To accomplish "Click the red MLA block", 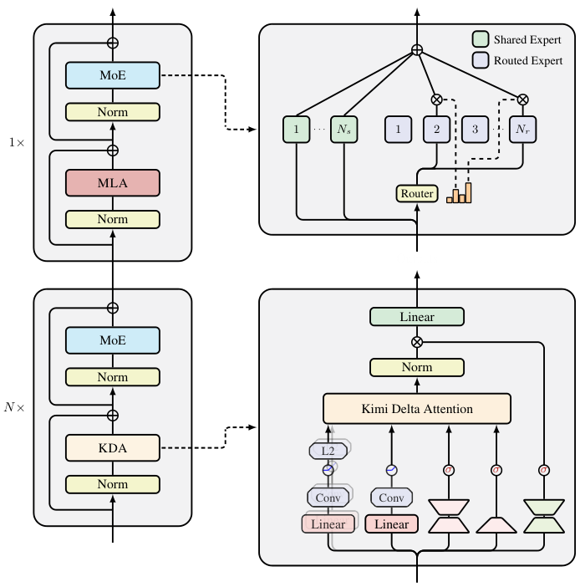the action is pos(113,182).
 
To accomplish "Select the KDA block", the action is pos(113,447).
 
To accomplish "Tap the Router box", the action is pos(417,193).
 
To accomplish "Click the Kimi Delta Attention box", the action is pos(417,408).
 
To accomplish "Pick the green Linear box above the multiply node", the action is pos(417,317).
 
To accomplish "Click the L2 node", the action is pos(328,451).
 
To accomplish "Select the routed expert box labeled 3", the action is pos(475,129).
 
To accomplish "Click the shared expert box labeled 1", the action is pos(296,129).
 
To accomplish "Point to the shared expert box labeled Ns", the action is pos(343,129).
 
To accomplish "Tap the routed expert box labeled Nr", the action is pos(522,129).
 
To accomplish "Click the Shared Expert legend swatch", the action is pos(481,39).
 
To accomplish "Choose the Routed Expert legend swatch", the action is pos(481,60).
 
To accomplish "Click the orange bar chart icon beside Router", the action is pos(459,193).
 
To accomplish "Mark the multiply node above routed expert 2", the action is pos(436,100).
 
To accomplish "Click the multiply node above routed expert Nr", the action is pos(522,100).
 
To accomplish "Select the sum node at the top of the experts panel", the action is pos(417,50).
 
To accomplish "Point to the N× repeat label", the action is pos(14,407).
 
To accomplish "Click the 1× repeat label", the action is pos(17,142).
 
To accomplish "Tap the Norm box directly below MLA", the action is pos(113,219).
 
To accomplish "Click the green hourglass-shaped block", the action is pos(544,516).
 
